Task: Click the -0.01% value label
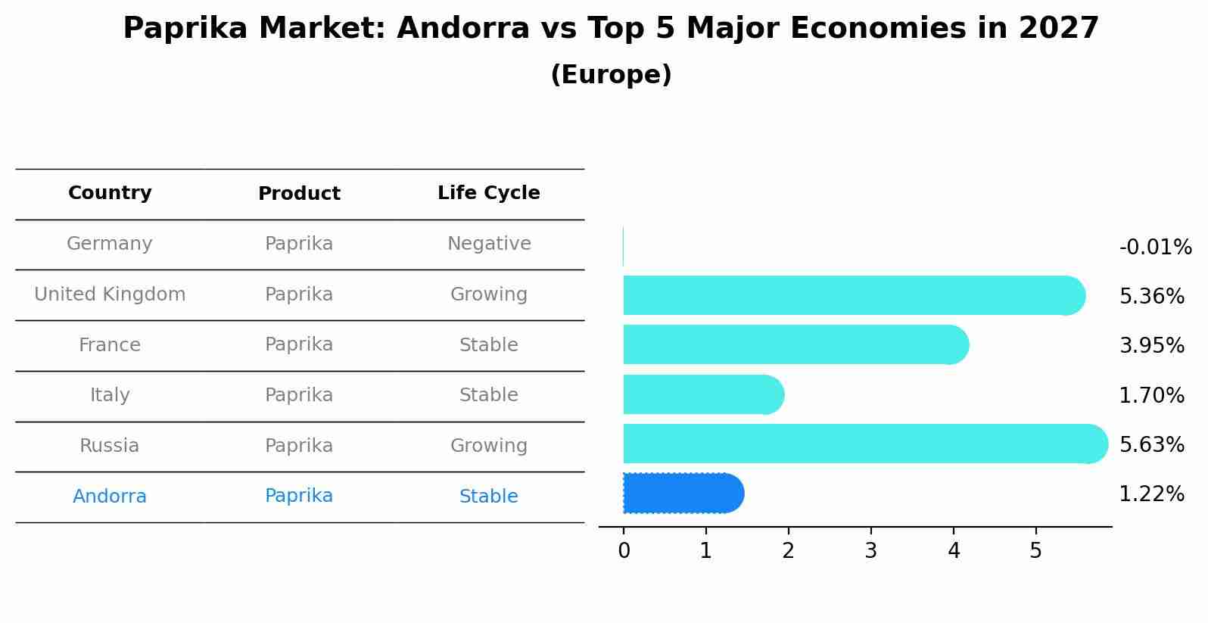pyautogui.click(x=1155, y=248)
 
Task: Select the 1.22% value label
pyautogui.click(x=1151, y=494)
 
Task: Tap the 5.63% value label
pyautogui.click(x=1151, y=444)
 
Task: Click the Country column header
pyautogui.click(x=110, y=193)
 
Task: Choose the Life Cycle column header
pyautogui.click(x=488, y=193)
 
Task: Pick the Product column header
pyautogui.click(x=299, y=194)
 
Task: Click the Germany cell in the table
pyautogui.click(x=110, y=244)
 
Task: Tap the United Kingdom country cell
pyautogui.click(x=110, y=294)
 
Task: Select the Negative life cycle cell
pyautogui.click(x=488, y=244)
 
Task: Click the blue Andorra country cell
pyautogui.click(x=110, y=497)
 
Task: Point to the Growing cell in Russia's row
pyautogui.click(x=488, y=446)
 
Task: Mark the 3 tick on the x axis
pyautogui.click(x=870, y=551)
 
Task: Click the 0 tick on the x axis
pyautogui.click(x=624, y=551)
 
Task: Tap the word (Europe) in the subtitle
pyautogui.click(x=611, y=75)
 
